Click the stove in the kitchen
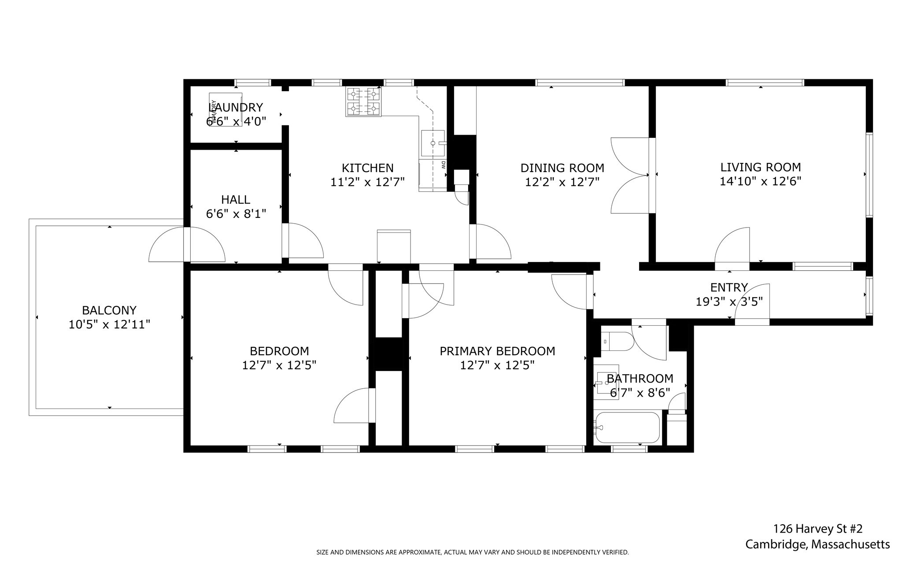tap(363, 101)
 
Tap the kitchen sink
tap(433, 143)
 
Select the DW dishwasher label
tap(443, 165)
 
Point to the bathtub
tap(626, 427)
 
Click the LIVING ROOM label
tap(760, 167)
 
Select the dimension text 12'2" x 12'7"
tap(562, 182)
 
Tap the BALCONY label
tap(109, 310)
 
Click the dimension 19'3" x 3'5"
tap(729, 302)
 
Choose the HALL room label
tap(236, 199)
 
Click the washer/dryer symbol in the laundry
tap(225, 110)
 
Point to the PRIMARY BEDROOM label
tap(497, 351)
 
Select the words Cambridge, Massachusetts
tap(817, 545)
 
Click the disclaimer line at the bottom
tap(472, 552)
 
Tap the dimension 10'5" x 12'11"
tap(109, 325)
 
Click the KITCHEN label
tap(367, 168)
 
